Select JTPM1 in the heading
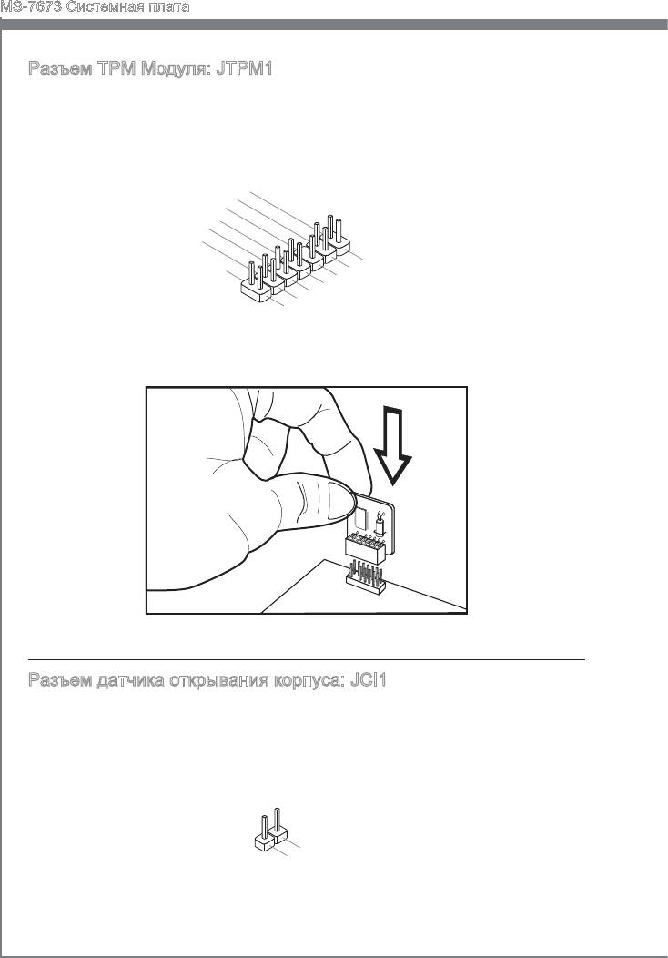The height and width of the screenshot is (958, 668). tap(244, 68)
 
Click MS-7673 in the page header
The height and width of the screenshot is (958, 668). tap(32, 7)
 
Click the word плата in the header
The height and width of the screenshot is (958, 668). tap(170, 7)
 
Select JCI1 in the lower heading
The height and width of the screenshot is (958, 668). tap(369, 680)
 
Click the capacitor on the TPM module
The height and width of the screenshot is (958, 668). tap(380, 525)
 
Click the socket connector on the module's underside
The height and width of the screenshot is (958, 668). tap(365, 547)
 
